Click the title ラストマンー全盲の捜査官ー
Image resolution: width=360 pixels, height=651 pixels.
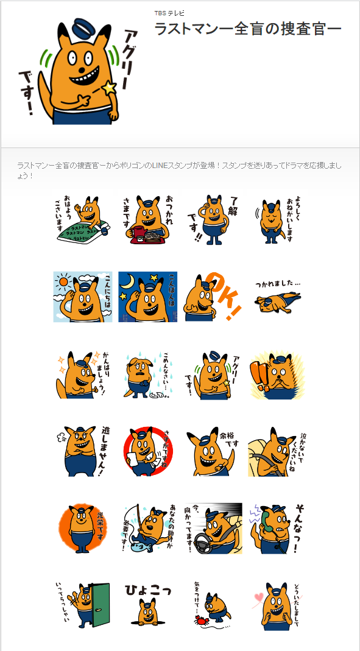247,29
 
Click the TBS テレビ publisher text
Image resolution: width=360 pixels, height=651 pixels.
169,13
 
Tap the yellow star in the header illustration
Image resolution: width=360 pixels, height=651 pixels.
109,89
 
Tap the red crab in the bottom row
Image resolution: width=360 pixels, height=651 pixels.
200,620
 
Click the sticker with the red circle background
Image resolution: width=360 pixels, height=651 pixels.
147,451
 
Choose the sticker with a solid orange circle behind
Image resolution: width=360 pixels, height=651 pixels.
82,527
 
